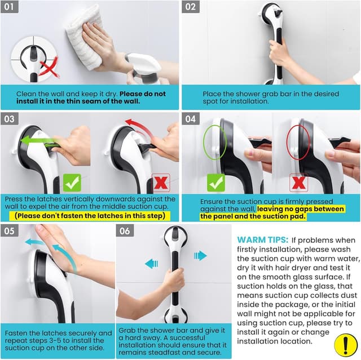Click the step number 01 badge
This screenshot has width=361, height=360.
point(12,8)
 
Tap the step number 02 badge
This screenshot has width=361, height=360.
point(192,8)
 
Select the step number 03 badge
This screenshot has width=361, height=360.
point(12,119)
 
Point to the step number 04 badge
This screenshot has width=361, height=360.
point(192,119)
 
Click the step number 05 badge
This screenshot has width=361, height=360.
point(12,231)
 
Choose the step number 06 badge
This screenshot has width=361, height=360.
point(126,231)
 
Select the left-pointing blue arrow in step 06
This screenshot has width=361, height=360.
point(151,263)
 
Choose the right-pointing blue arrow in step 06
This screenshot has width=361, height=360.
point(200,256)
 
